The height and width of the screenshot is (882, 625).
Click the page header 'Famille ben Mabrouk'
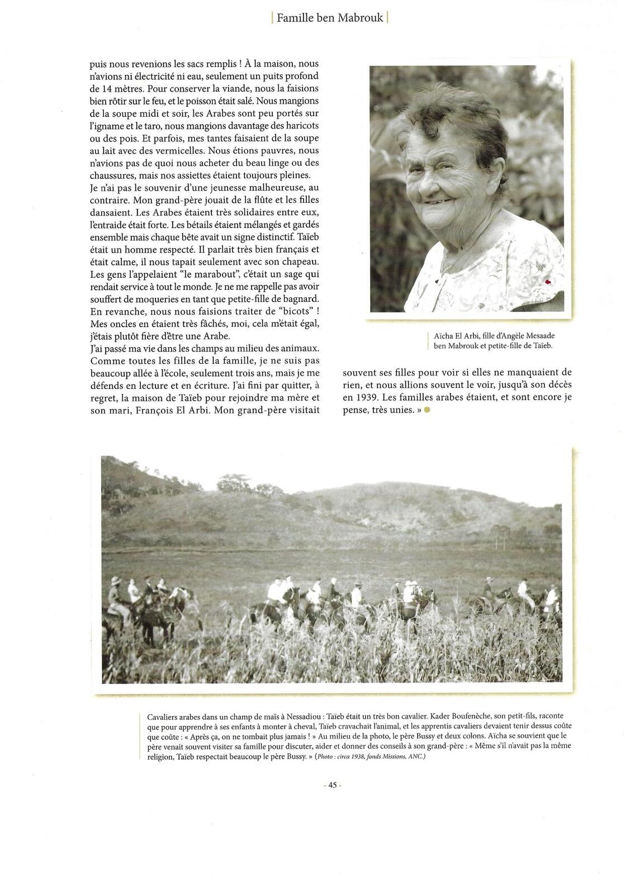coord(329,17)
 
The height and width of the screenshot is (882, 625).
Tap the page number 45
coord(333,785)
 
